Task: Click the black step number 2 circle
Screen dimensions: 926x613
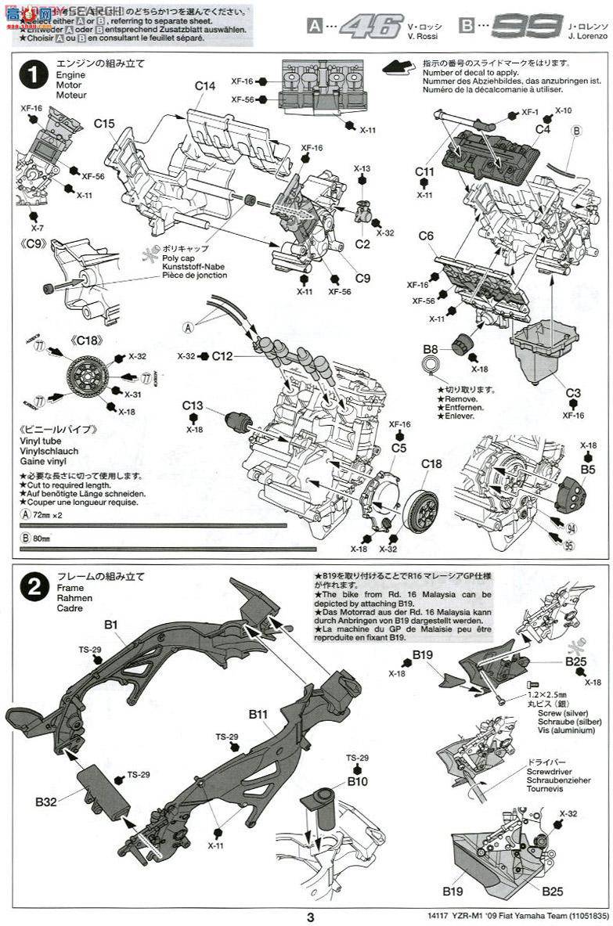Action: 34,589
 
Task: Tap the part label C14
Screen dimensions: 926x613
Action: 205,86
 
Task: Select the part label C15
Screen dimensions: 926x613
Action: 104,124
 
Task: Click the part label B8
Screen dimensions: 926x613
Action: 431,348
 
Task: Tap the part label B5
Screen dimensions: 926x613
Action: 588,470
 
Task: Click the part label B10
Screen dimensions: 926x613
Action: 357,781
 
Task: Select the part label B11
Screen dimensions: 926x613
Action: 259,714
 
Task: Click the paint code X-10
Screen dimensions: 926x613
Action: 564,111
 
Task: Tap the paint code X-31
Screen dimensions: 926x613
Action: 133,394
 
